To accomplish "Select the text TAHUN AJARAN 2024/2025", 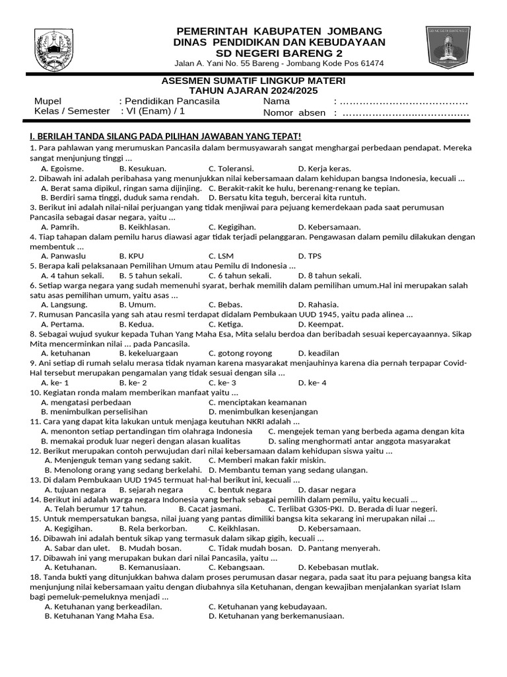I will tap(253, 91).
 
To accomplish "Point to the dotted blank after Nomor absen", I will tap(405, 113).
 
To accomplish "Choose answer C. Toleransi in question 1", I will tap(231, 169).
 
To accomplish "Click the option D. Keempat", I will tap(321, 325).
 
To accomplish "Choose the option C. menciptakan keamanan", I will tap(257, 402).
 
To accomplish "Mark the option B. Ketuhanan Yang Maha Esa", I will tap(99, 616).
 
